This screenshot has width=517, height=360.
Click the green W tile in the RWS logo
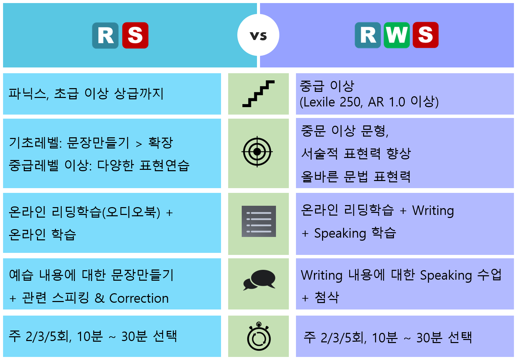[x=397, y=35]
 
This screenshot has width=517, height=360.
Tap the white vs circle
[x=258, y=35]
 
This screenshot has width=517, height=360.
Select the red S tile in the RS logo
[x=135, y=35]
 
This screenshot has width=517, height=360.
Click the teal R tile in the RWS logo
[x=368, y=35]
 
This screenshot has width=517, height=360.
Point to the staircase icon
[x=258, y=94]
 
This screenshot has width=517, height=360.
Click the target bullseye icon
[x=257, y=152]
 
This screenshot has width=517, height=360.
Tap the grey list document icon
[x=259, y=221]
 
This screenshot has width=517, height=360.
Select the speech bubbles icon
[x=259, y=280]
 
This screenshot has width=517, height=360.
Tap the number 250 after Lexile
[x=350, y=102]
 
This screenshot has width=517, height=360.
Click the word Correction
[x=139, y=298]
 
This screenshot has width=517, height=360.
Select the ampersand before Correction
[x=99, y=298]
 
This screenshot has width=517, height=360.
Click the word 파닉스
[x=27, y=94]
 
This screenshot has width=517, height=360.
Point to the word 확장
[x=160, y=143]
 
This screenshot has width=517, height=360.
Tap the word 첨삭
[x=327, y=297]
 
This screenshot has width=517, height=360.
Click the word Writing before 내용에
[x=321, y=275]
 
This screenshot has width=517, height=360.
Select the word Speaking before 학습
[x=340, y=233]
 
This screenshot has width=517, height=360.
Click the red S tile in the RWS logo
[x=425, y=35]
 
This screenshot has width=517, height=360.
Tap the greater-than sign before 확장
[x=139, y=144]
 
